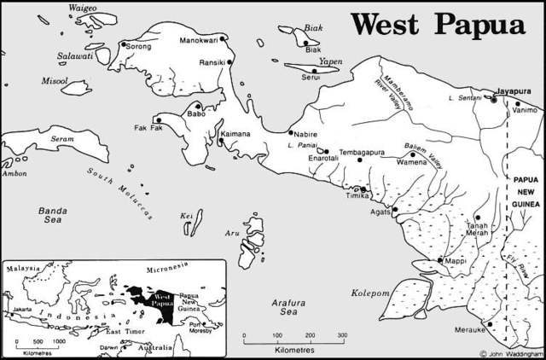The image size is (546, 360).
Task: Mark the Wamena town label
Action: (412, 160)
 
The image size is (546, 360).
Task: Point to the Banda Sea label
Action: (53, 214)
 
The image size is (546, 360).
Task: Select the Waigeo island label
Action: (83, 9)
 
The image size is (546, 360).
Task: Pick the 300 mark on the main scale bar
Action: (341, 335)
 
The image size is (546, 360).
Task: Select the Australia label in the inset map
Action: (156, 348)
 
